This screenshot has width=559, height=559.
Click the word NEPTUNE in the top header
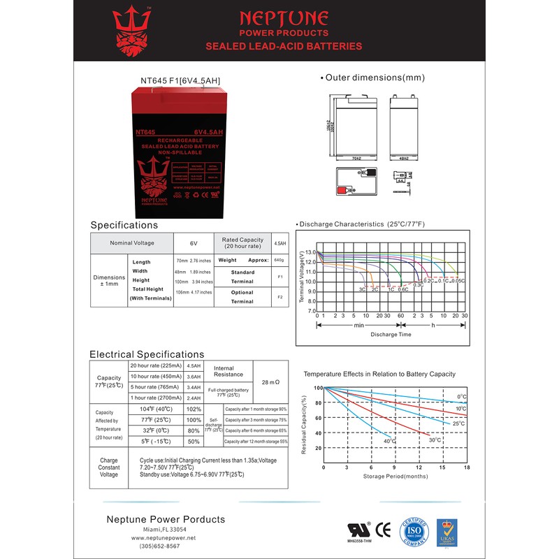coord(284,17)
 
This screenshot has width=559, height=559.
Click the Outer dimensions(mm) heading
coord(375,78)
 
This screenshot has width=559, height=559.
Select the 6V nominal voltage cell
coord(194,243)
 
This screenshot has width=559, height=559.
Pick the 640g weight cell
coord(278,260)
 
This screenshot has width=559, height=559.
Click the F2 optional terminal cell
coord(279,297)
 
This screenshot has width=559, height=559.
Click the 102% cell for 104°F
coord(194,409)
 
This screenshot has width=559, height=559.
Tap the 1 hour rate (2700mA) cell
coord(155,398)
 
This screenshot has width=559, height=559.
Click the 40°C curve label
coord(389,442)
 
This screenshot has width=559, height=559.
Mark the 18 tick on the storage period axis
coord(467,467)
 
